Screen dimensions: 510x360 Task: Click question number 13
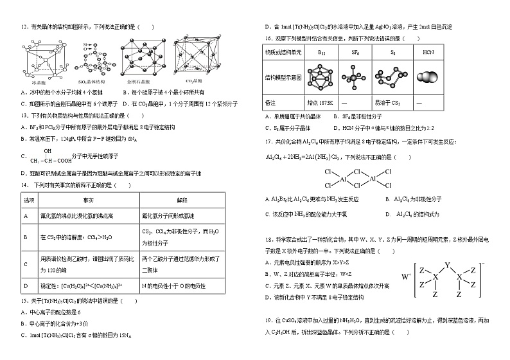(24, 116)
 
